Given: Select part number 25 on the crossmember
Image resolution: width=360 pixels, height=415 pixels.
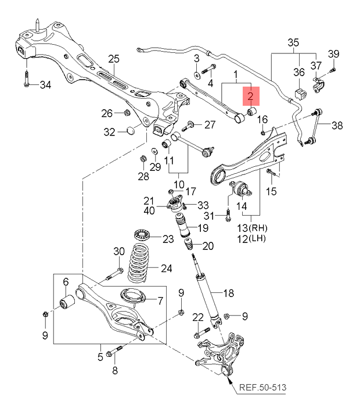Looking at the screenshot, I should point(114,58).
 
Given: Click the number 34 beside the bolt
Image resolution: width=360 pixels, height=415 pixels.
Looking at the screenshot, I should point(45,85).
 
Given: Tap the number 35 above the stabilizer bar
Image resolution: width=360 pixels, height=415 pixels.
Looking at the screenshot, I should point(293,42).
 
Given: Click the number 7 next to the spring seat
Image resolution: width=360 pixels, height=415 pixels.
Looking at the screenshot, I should point(160,300).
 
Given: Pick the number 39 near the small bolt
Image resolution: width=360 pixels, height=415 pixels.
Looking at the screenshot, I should point(332,54).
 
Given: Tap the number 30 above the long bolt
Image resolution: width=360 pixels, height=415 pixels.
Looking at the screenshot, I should point(118,252).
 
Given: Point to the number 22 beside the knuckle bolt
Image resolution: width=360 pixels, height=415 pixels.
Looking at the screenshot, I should point(199,317).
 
